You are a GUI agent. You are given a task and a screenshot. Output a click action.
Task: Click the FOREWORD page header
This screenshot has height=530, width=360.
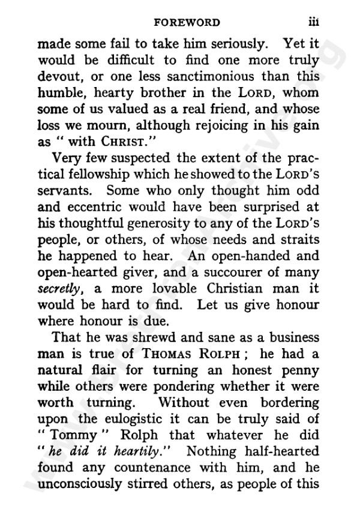click(187, 23)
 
